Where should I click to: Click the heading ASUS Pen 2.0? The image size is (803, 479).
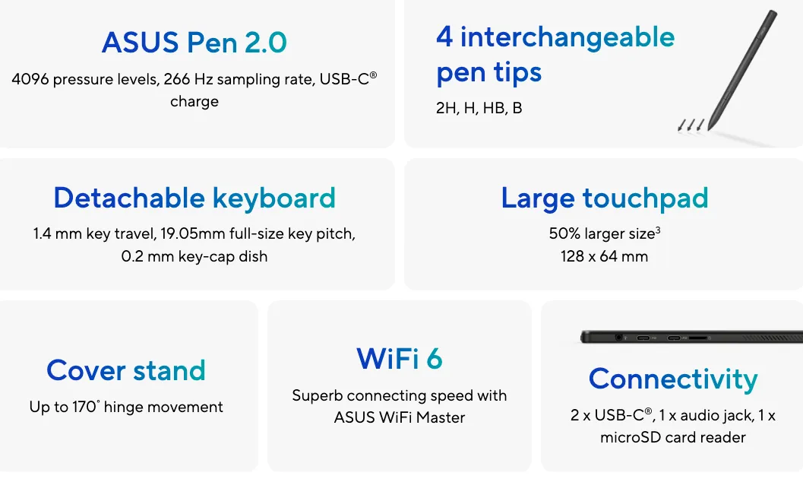tap(194, 42)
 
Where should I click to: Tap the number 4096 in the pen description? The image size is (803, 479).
tap(30, 79)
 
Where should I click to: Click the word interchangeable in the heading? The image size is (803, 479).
tap(567, 37)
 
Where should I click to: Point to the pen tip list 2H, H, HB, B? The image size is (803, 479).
tap(479, 107)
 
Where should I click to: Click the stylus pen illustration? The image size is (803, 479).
tap(742, 69)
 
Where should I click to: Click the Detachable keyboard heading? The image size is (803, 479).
tap(194, 198)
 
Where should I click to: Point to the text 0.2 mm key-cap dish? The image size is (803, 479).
tap(194, 256)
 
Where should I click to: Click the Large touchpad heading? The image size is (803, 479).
tap(604, 198)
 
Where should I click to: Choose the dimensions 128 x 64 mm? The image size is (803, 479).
tap(604, 256)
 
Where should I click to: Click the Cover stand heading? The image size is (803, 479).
tap(126, 370)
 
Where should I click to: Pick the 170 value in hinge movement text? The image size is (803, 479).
tap(84, 407)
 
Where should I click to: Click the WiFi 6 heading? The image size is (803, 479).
tap(400, 359)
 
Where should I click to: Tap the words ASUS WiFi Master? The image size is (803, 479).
tap(400, 417)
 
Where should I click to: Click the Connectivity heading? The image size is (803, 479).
tap(673, 379)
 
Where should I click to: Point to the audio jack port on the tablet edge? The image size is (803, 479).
tap(619, 337)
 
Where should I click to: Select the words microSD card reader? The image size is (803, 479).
tap(673, 437)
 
